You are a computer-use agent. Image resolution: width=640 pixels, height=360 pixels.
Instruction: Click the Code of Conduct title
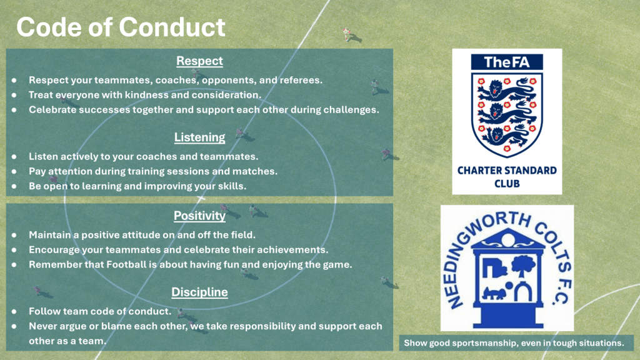coord(121,27)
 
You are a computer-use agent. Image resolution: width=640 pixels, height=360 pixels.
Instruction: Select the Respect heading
coord(199,61)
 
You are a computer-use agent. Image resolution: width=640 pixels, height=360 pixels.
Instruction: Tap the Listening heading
coord(199,137)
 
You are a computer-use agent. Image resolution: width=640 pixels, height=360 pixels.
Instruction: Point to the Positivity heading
coord(199,216)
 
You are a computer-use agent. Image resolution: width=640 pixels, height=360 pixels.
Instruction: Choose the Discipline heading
coord(199,292)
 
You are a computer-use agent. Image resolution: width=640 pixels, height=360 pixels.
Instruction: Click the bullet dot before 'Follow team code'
coord(14,311)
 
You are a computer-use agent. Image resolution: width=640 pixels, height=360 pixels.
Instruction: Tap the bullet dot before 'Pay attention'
coord(14,171)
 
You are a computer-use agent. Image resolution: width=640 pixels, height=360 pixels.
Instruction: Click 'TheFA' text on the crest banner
coord(506,62)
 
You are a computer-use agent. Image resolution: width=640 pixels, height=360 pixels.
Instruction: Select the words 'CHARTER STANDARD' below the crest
coord(507,171)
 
